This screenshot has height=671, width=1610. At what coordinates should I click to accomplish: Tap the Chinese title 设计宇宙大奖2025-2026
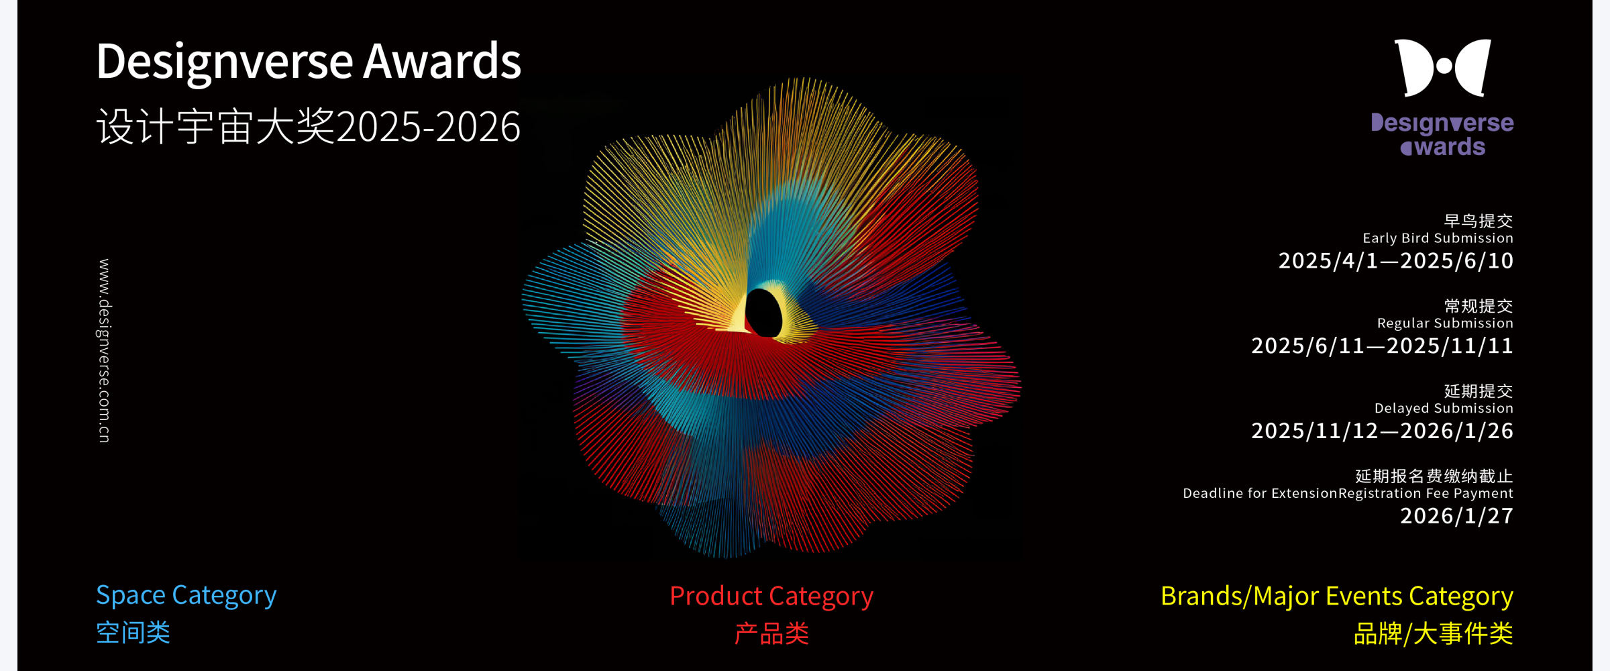[x=309, y=126]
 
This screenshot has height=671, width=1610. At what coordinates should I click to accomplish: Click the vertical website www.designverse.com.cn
[x=104, y=350]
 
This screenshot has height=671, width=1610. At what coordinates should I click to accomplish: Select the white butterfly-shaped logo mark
[x=1443, y=68]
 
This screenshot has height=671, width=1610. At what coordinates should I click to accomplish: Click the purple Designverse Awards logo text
[x=1442, y=135]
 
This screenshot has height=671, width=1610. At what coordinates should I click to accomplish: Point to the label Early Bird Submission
[x=1438, y=238]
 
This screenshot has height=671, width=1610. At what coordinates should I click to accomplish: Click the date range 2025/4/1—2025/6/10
[x=1395, y=260]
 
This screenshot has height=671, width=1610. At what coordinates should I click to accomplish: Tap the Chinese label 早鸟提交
[x=1479, y=221]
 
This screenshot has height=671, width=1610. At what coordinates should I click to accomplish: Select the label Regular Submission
[x=1445, y=323]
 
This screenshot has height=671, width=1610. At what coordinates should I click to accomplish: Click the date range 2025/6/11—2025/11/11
[x=1382, y=346]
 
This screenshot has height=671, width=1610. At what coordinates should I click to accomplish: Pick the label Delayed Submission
[x=1444, y=408]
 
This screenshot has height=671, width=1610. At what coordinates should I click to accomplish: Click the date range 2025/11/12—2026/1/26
[x=1382, y=431]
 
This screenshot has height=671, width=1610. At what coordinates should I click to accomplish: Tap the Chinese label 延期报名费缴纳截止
[x=1434, y=476]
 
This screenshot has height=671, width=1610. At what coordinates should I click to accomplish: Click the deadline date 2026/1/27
[x=1456, y=515]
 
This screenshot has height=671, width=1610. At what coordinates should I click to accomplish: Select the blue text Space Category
[x=186, y=596]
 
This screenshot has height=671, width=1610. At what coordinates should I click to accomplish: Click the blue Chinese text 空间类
[x=133, y=633]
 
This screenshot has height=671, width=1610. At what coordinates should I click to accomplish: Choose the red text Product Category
[x=771, y=597]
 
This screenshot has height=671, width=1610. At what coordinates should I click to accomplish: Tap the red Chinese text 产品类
[x=771, y=633]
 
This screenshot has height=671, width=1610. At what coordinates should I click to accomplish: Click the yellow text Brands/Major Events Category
[x=1337, y=597]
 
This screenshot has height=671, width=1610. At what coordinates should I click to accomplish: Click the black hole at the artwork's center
[x=763, y=313]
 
